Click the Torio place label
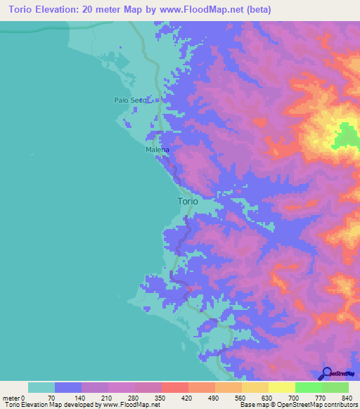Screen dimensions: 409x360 coord(188,201)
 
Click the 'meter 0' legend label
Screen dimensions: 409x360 coord(15,397)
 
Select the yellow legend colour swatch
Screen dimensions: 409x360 coord(281,387)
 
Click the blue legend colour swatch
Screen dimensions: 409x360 coord(68,387)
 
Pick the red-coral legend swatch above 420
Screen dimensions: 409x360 coord(174,387)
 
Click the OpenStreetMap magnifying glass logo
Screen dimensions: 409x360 coord(326,373)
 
